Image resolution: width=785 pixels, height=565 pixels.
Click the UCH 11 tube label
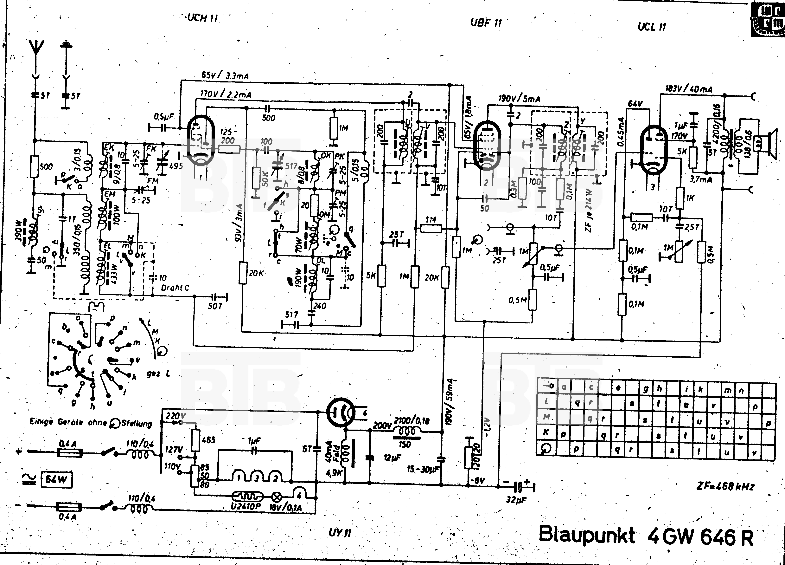pos(202,18)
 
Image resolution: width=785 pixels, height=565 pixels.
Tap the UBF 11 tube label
pos(486,23)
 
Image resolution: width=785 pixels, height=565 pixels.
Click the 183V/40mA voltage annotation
pos(689,89)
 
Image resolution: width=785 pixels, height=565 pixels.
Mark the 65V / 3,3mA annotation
pos(225,75)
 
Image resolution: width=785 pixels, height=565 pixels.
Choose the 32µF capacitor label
pos(515,500)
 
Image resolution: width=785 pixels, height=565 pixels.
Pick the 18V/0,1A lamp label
pos(285,508)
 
